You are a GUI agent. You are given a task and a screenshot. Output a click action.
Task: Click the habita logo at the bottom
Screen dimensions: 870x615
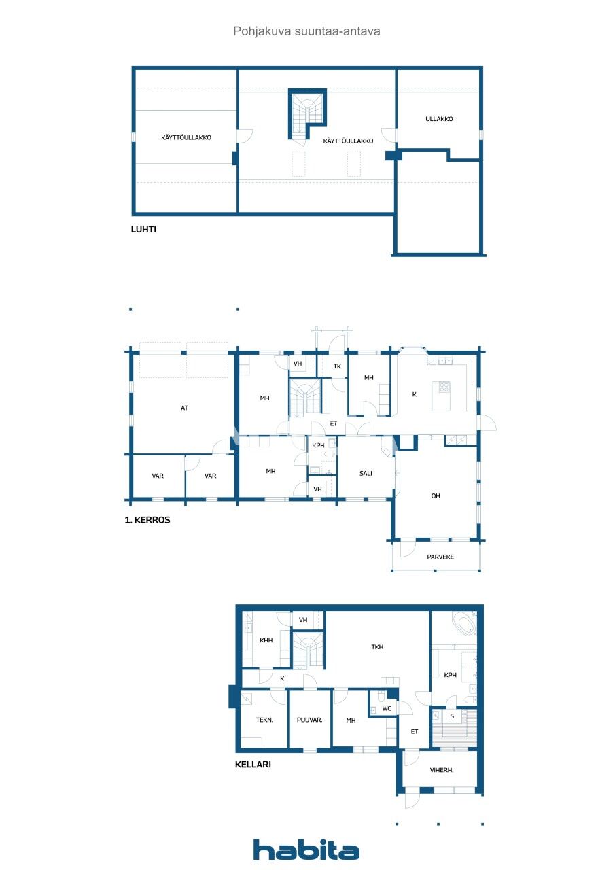pyautogui.click(x=306, y=850)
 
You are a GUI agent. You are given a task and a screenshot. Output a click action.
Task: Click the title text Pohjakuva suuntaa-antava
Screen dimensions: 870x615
pyautogui.click(x=306, y=31)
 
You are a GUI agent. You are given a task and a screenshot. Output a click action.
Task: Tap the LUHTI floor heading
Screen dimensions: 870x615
pyautogui.click(x=143, y=230)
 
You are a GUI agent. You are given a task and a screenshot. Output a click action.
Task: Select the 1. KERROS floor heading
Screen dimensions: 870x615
pyautogui.click(x=147, y=520)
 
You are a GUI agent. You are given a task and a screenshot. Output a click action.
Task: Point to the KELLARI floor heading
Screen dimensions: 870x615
pyautogui.click(x=253, y=764)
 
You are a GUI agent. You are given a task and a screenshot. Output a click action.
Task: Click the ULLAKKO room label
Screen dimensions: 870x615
pyautogui.click(x=439, y=119)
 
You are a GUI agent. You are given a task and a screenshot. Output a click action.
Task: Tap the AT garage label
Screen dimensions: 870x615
pyautogui.click(x=184, y=408)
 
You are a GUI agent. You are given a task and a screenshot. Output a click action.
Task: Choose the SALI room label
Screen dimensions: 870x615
pyautogui.click(x=366, y=473)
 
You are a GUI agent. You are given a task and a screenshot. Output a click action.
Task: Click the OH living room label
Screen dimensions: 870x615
pyautogui.click(x=436, y=496)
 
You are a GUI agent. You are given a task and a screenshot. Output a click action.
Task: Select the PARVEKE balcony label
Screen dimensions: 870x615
pyautogui.click(x=440, y=557)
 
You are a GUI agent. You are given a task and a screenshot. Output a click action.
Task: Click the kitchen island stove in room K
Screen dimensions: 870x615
pyautogui.click(x=444, y=387)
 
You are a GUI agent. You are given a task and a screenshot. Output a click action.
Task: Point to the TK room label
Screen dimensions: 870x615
pyautogui.click(x=337, y=366)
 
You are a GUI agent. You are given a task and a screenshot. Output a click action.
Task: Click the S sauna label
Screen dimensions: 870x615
pyautogui.click(x=452, y=716)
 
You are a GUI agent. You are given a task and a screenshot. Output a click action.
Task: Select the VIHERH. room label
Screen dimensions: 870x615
pyautogui.click(x=442, y=770)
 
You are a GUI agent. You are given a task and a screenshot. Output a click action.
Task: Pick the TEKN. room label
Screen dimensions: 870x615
pyautogui.click(x=264, y=720)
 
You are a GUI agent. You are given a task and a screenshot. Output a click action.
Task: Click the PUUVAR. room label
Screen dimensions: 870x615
pyautogui.click(x=309, y=720)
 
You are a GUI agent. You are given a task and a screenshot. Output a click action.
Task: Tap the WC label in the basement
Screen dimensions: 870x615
pyautogui.click(x=387, y=708)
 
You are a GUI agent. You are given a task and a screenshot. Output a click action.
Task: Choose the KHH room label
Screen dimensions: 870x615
pyautogui.click(x=266, y=640)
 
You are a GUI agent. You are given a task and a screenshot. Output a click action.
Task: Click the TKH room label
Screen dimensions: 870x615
pyautogui.click(x=377, y=647)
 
